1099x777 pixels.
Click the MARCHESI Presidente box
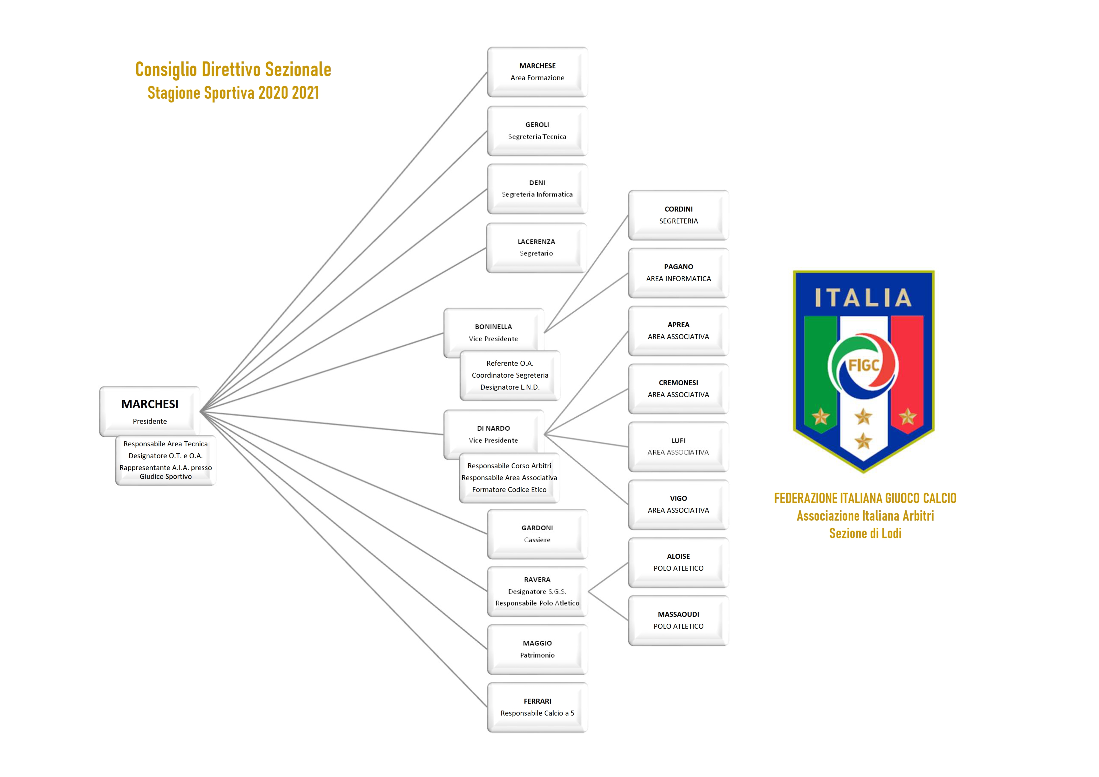click(149, 411)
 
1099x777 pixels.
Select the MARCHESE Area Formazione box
click(537, 72)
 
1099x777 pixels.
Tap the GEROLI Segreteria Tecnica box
click(537, 131)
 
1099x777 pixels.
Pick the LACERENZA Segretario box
click(536, 248)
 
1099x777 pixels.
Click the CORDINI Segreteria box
click(678, 215)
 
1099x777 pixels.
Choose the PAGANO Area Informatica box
click(678, 273)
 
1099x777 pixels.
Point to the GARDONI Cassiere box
click(537, 534)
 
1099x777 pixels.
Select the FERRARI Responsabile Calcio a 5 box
click(537, 707)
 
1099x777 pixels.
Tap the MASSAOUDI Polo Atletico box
click(678, 621)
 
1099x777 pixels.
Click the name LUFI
click(678, 440)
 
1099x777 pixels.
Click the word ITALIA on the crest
click(863, 298)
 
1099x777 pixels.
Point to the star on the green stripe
click(820, 417)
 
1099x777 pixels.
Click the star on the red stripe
click(907, 417)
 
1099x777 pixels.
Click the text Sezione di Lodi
click(865, 533)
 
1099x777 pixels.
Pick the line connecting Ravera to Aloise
click(608, 577)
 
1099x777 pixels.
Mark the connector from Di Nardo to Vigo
click(586, 469)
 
